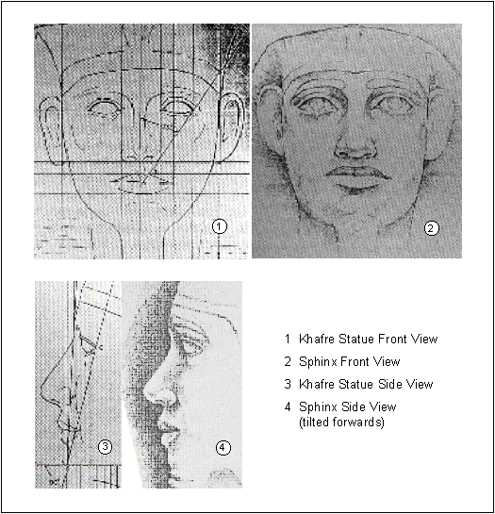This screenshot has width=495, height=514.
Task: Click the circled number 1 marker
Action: tap(220, 226)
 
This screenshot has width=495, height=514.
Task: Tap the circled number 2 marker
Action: tap(432, 228)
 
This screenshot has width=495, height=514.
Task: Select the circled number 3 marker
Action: tap(106, 446)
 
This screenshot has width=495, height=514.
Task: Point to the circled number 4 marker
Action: tap(223, 447)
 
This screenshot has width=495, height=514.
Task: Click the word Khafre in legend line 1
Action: tap(317, 339)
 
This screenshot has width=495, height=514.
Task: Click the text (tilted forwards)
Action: tap(341, 422)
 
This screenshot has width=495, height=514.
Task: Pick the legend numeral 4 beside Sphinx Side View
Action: tap(288, 406)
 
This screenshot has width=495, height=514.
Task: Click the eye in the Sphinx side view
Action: tap(190, 348)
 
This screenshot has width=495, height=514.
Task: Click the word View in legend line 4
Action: tap(383, 406)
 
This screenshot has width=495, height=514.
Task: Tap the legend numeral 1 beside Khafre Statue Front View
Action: tap(288, 339)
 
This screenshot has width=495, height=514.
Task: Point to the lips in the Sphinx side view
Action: tap(170, 430)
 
